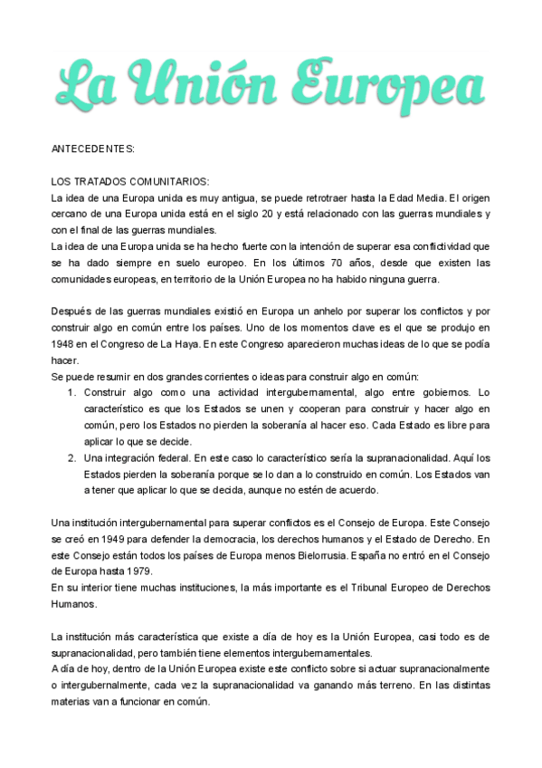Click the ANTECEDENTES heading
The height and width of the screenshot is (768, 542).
pos(93,148)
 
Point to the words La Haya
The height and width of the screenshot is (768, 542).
pos(197,344)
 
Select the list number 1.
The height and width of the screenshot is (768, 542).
pos(71,393)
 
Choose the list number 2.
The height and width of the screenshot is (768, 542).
pos(71,458)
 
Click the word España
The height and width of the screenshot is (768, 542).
pos(385,556)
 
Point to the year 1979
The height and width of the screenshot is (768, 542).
pos(138,572)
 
